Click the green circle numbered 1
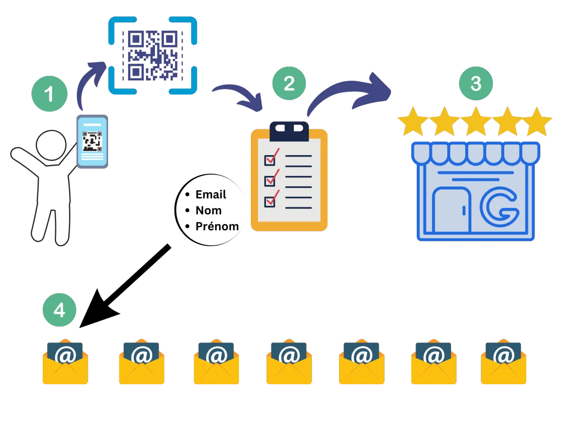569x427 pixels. [49, 94]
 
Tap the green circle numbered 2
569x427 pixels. [289, 84]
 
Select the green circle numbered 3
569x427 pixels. [476, 84]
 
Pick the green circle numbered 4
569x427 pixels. [59, 310]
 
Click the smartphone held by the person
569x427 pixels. [92, 141]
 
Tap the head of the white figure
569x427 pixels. [51, 146]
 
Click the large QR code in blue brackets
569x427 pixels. [152, 55]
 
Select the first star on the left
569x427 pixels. [412, 121]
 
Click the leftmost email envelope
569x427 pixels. [65, 363]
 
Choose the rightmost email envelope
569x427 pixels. [504, 363]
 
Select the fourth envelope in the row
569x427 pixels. [289, 363]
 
